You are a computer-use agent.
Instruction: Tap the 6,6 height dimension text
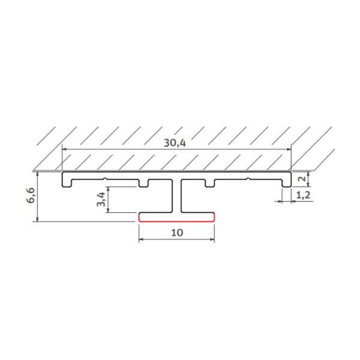[x=31, y=196]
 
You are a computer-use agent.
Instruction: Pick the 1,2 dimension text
[x=304, y=194]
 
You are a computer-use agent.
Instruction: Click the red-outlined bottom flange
[x=177, y=217]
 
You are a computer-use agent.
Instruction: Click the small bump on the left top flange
[x=106, y=178]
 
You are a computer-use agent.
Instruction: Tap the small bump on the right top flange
[x=248, y=178]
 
